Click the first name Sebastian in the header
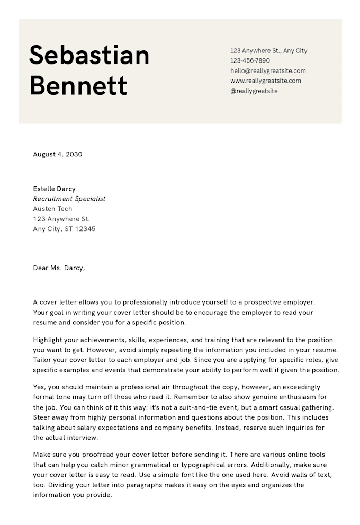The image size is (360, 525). pos(89,55)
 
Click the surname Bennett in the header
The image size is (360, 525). pos(78,85)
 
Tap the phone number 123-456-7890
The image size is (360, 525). pos(250,60)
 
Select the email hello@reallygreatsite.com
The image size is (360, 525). pos(268,70)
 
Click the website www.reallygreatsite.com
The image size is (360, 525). pos(265,81)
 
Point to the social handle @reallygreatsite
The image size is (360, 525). pos(254,91)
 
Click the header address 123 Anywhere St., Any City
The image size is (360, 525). pos(268,50)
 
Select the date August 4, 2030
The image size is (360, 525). pos(58,154)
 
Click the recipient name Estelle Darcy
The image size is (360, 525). pos(54,189)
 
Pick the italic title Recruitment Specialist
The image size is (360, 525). pos(69,199)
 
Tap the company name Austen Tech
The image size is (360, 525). pos(52,209)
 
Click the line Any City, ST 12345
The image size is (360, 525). pos(64,229)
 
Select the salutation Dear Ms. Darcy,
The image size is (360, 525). pos(59,268)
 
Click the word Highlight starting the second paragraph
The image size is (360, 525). pos(49,340)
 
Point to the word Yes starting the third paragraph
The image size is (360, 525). pos(39,387)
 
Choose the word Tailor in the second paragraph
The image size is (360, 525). pos(42,360)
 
